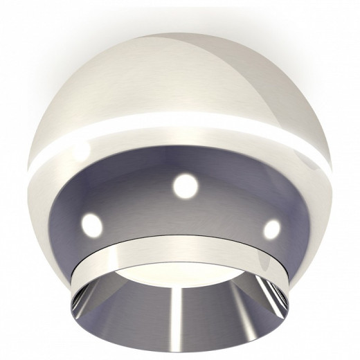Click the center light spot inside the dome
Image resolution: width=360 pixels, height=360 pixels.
point(185,185)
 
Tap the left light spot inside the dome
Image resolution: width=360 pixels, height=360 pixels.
point(90,223)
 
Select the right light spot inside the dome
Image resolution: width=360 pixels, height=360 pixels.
point(272,227)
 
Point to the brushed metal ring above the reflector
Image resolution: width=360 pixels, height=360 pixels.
point(181,247)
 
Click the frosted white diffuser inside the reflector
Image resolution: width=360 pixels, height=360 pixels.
point(181,274)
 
